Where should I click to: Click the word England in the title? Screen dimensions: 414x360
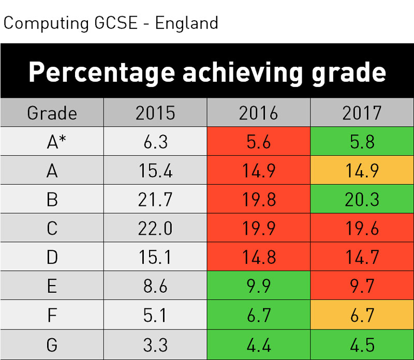click(187, 23)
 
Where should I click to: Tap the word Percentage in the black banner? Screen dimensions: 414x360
click(101, 72)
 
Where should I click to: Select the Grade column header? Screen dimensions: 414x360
click(52, 113)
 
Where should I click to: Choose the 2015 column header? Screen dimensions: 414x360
click(155, 113)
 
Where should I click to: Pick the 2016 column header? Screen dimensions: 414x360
click(258, 113)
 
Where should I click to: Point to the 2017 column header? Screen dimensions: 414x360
click(362, 113)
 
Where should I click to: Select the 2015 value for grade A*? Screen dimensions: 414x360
click(155, 141)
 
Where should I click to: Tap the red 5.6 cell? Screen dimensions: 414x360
click(258, 141)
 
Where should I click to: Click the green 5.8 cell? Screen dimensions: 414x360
click(362, 141)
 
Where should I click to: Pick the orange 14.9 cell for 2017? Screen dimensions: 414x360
click(362, 170)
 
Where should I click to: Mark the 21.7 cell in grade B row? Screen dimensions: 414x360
click(155, 199)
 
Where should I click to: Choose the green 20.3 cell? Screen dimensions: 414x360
click(362, 199)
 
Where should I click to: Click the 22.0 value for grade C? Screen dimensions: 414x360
click(155, 228)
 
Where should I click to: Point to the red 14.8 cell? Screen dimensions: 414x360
click(258, 256)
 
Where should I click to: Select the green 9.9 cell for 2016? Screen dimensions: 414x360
click(258, 286)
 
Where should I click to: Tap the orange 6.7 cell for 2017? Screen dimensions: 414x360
click(362, 314)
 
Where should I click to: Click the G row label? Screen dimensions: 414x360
click(52, 344)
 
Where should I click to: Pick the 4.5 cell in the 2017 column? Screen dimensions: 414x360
click(362, 344)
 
